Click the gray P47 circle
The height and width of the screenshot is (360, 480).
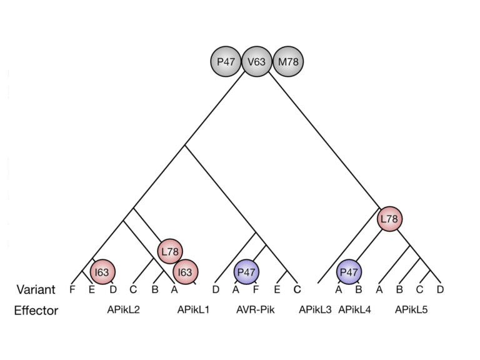pyautogui.click(x=226, y=62)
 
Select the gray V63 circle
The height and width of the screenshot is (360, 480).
pyautogui.click(x=256, y=62)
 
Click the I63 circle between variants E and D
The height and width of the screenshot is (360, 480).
pyautogui.click(x=102, y=272)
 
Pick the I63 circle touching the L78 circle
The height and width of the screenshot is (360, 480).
pyautogui.click(x=185, y=272)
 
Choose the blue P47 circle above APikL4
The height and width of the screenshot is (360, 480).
pyautogui.click(x=349, y=272)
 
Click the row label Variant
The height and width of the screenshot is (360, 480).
pyautogui.click(x=36, y=290)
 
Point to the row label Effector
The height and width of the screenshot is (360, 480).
pyautogui.click(x=36, y=311)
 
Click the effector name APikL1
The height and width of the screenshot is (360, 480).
pyautogui.click(x=193, y=310)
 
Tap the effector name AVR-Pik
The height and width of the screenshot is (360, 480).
pyautogui.click(x=256, y=310)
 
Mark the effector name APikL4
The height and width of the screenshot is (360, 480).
pyautogui.click(x=354, y=310)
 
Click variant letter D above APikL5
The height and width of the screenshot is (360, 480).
pyautogui.click(x=440, y=290)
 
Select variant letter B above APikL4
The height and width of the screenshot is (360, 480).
pyautogui.click(x=359, y=290)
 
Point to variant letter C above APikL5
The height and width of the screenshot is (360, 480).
pyautogui.click(x=420, y=290)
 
